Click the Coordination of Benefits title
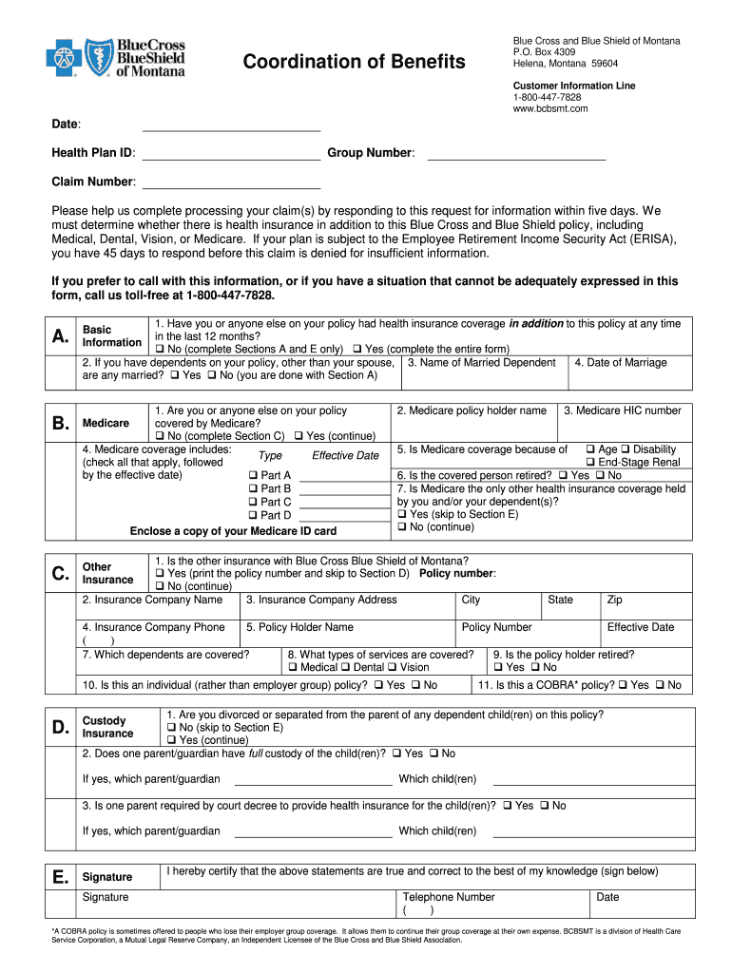(355, 62)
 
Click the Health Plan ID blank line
(231, 160)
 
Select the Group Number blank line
(516, 160)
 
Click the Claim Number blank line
(231, 188)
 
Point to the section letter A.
(61, 337)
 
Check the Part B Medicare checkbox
(253, 488)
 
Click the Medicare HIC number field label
(622, 410)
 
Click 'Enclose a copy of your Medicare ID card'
(233, 530)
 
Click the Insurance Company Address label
(320, 600)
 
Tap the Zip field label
(614, 600)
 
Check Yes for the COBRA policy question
(623, 685)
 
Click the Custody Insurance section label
(107, 727)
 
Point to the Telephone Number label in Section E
(449, 896)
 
